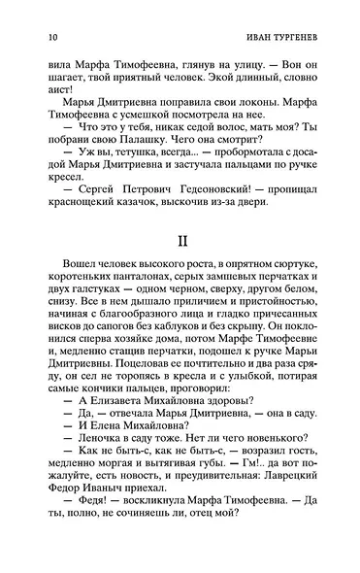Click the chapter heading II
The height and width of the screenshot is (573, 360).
(180, 238)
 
